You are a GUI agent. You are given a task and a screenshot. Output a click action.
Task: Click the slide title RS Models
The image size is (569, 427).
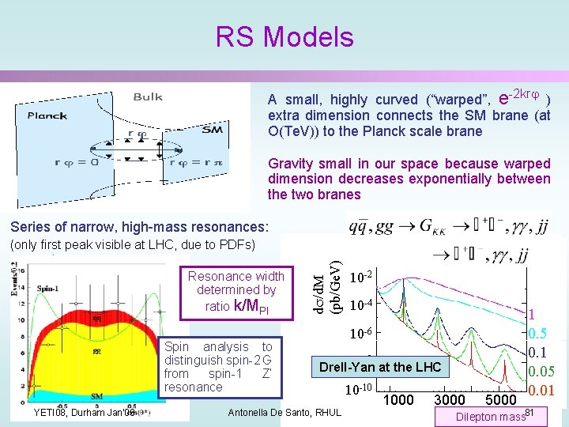tap(284, 37)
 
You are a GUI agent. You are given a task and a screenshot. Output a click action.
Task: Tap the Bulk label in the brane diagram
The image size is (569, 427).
tap(148, 97)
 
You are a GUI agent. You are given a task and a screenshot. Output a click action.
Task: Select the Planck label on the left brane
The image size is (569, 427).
tap(47, 115)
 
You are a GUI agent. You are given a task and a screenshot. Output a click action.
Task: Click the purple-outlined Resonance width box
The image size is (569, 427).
tap(236, 291)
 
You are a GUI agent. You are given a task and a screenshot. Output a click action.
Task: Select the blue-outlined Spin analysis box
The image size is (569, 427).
tap(217, 367)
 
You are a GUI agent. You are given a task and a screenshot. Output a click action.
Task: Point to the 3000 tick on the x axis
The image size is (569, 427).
tap(450, 400)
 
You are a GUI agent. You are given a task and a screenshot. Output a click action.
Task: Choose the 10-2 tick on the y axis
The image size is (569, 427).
tap(360, 278)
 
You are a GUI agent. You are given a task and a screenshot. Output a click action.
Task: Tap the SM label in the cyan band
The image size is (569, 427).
tap(97, 395)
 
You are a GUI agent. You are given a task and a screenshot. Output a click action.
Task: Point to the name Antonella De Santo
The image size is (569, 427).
tap(284, 412)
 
